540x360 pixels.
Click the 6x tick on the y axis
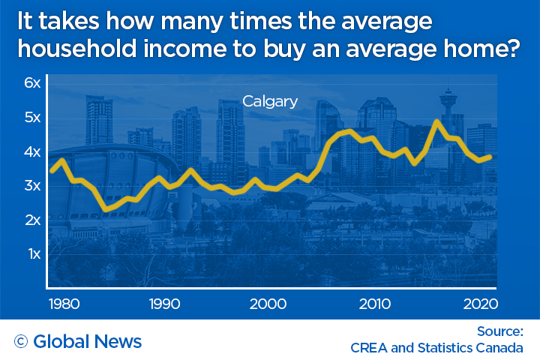[x=31, y=83]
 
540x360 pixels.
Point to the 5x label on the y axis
[x=31, y=118]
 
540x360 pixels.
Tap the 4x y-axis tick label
[x=31, y=152]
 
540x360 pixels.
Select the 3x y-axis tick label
[x=31, y=186]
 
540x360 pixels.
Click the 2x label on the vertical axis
[x=31, y=220]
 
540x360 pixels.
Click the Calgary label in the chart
[x=269, y=100]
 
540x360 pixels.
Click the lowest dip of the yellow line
[x=107, y=208]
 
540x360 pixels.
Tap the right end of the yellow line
[x=490, y=157]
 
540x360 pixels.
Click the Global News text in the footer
[x=88, y=342]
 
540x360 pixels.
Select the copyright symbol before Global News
[x=21, y=342]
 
